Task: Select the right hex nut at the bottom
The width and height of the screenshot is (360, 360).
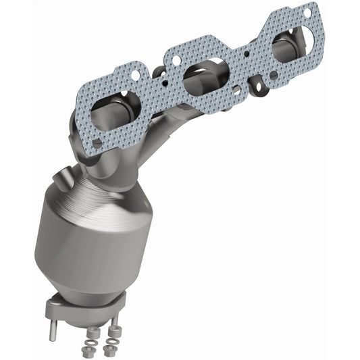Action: click(x=109, y=351)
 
